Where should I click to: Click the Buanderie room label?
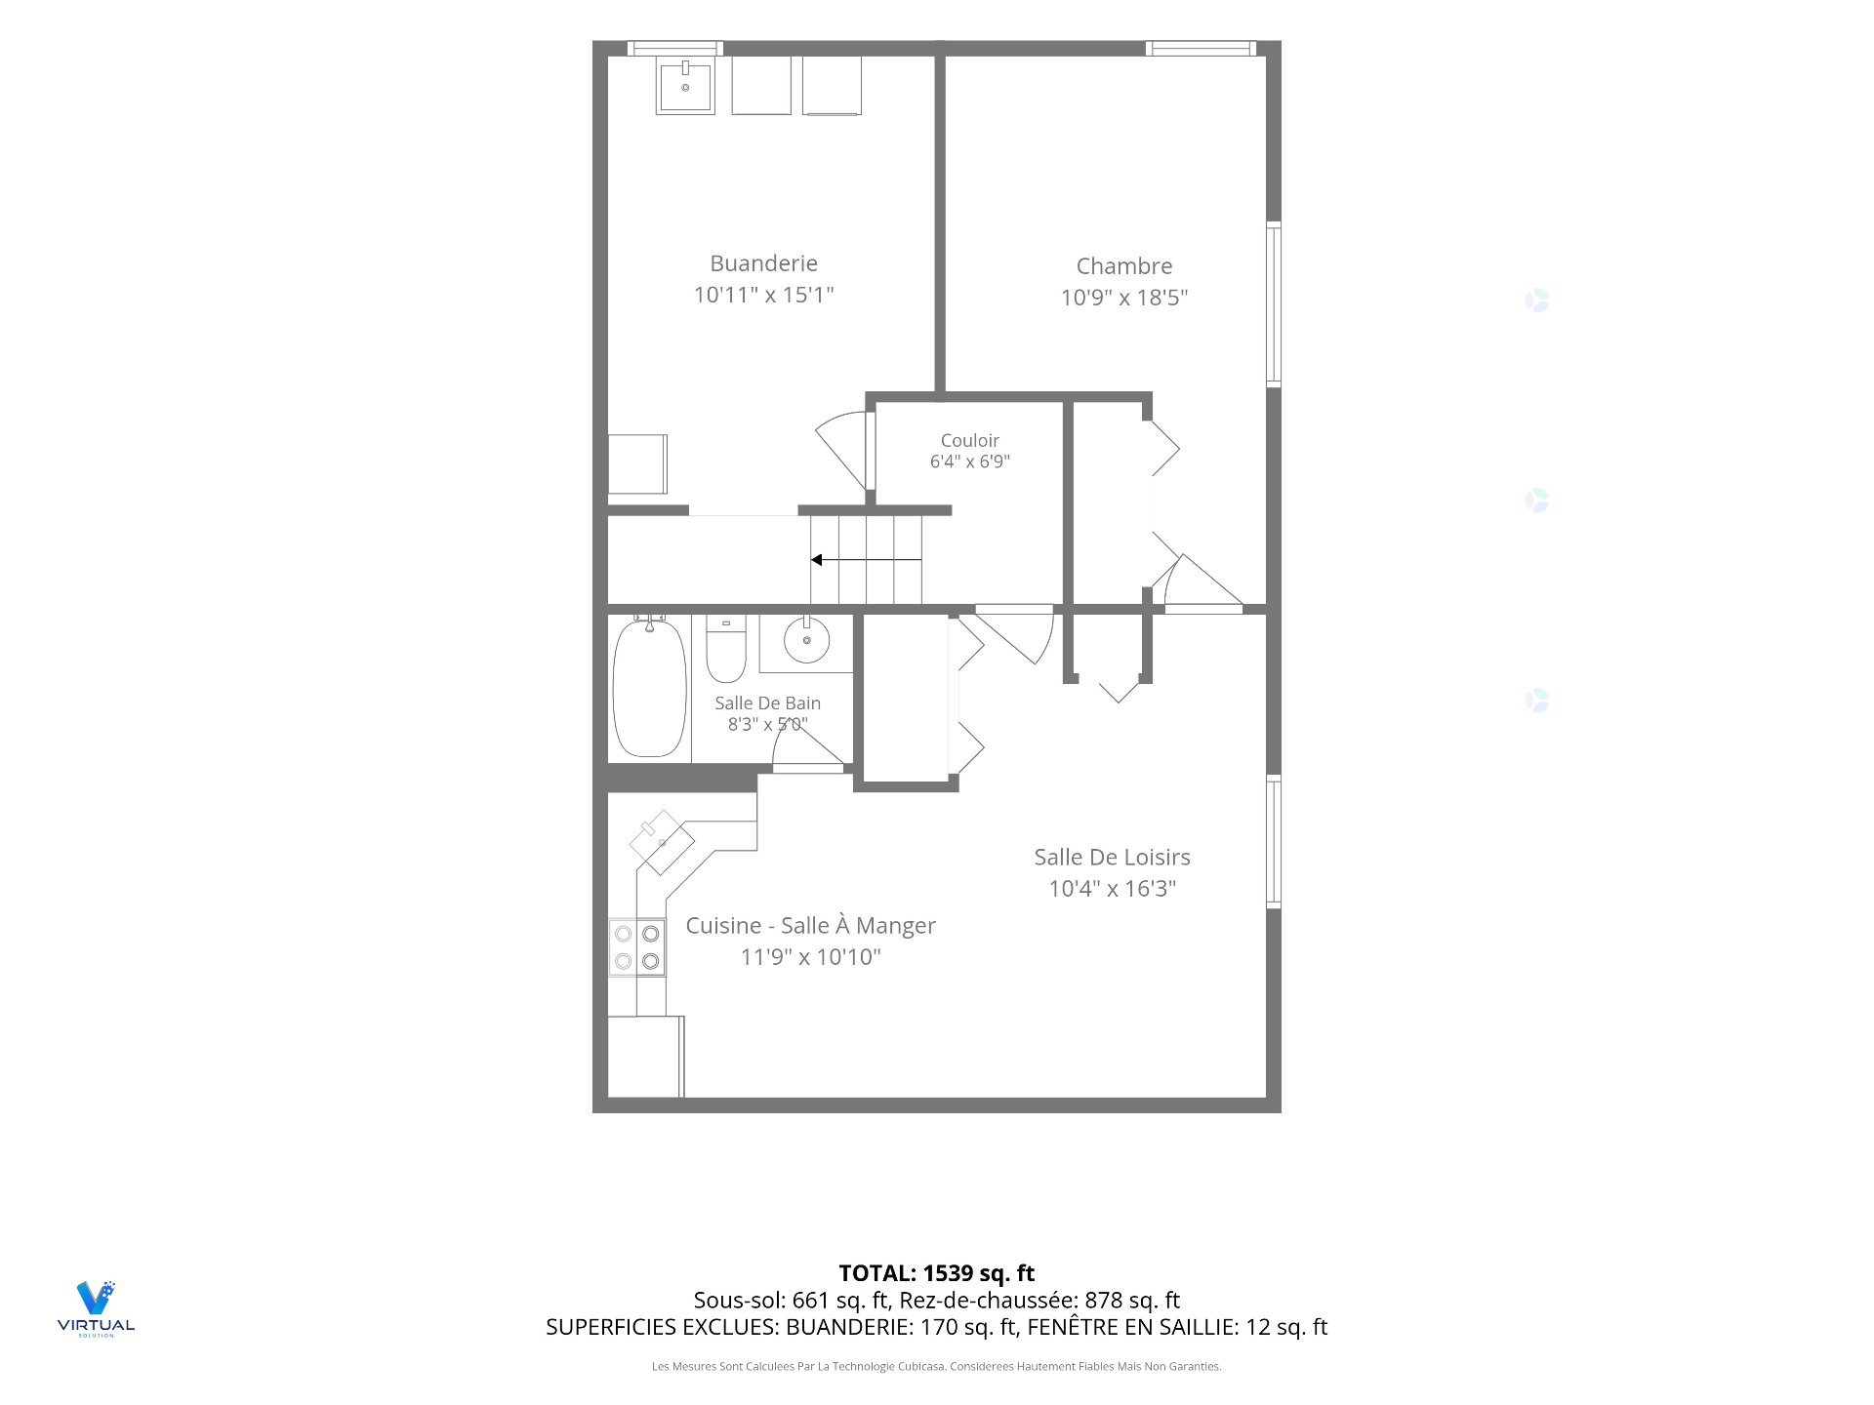[x=763, y=263]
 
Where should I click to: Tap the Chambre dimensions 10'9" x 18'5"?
[x=1124, y=298]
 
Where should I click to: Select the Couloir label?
[x=969, y=441]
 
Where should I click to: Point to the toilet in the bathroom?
[x=726, y=648]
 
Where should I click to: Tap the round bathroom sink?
[x=807, y=640]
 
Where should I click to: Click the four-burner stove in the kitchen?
[x=637, y=946]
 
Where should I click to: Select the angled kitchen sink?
[x=662, y=842]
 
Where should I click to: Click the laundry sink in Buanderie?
[x=685, y=86]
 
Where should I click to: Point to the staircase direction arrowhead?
[x=816, y=560]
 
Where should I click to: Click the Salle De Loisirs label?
[x=1112, y=858]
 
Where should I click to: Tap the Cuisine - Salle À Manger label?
[x=810, y=926]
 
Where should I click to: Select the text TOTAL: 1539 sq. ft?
[x=937, y=1273]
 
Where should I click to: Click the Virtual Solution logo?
[x=96, y=1308]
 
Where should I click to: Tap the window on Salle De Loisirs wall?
[x=1274, y=842]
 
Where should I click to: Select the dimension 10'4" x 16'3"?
[x=1112, y=889]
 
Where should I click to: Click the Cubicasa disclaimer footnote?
[x=937, y=1367]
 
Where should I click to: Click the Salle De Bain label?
[x=767, y=703]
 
